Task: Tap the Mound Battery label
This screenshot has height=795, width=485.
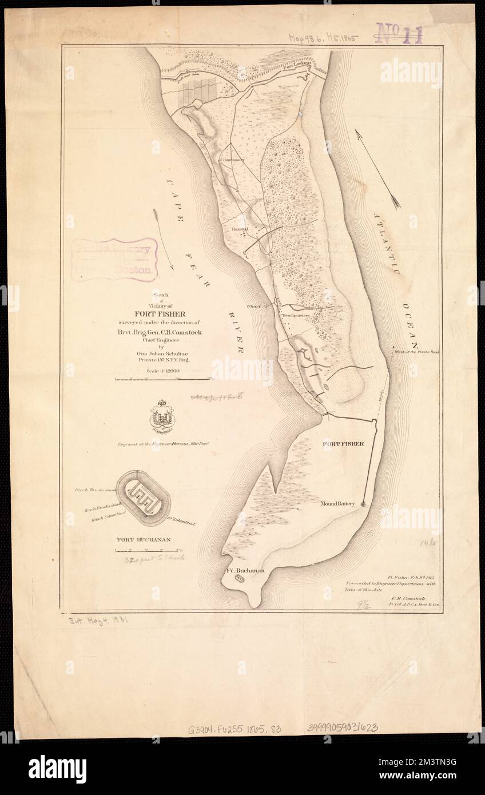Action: [339, 504]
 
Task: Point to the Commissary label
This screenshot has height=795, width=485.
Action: [232, 161]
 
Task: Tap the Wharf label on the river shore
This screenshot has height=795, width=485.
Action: [254, 306]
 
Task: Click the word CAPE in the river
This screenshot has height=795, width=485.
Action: [172, 197]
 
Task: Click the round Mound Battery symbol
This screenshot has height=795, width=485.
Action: [363, 504]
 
